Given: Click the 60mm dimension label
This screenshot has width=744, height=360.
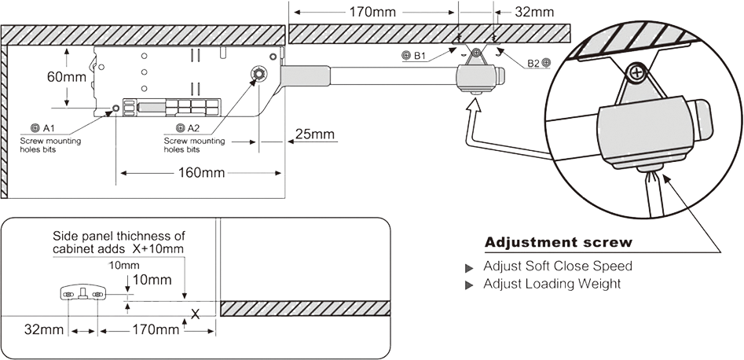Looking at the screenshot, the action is [x=67, y=76].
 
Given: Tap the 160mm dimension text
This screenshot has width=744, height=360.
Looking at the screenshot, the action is [x=201, y=173].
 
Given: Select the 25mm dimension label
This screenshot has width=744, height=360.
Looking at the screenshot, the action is [x=314, y=134].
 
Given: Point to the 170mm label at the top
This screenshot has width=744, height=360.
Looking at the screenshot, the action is [x=372, y=12].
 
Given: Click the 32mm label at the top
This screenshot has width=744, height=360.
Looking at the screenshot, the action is [x=534, y=12].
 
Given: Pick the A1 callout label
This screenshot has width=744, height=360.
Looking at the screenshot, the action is [x=43, y=128].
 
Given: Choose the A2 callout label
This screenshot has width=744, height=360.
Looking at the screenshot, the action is [x=188, y=128].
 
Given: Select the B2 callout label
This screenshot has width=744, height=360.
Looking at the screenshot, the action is [x=539, y=62].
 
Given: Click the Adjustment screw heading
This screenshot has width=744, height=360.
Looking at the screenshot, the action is [x=559, y=242].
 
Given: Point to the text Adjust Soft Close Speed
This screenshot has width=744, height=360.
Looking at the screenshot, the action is [x=558, y=266].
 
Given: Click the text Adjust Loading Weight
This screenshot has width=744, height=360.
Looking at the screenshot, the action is [x=552, y=284].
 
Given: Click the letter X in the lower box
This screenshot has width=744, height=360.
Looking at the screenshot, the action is [x=195, y=314].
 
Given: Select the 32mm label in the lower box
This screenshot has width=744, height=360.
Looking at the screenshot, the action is [x=44, y=329].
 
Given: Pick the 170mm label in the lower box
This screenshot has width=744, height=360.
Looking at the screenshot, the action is [x=156, y=329].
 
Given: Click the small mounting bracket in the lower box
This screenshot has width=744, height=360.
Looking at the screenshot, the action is [x=83, y=294].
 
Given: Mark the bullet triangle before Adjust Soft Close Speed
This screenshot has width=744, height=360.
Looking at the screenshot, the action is [x=469, y=268].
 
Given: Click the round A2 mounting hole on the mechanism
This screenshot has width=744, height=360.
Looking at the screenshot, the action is [x=259, y=74].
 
